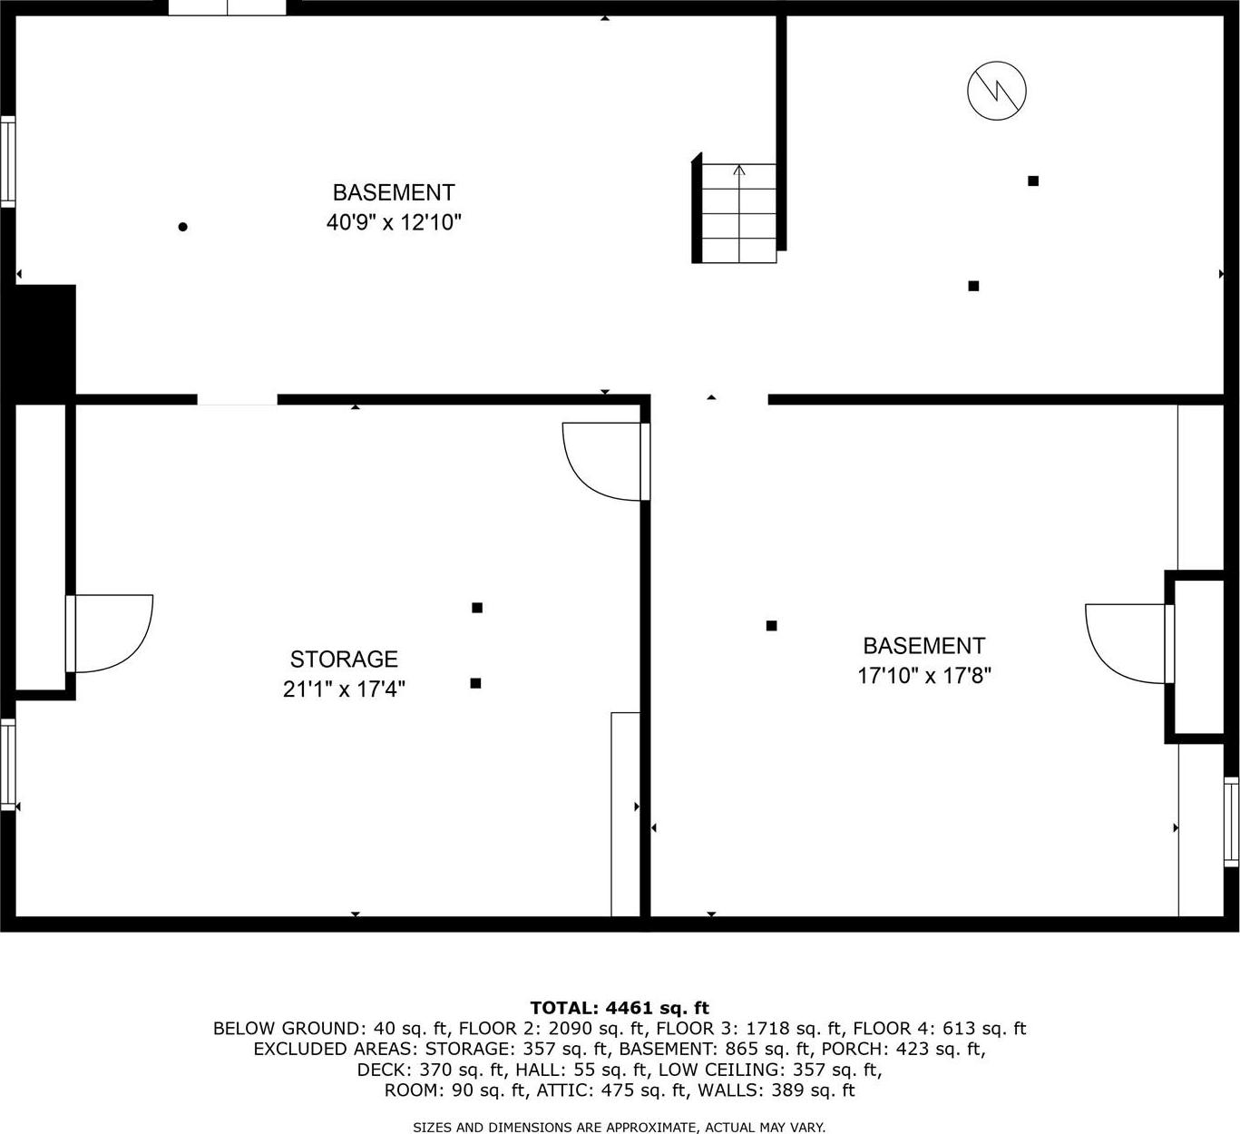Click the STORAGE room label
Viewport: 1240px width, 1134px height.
pyautogui.click(x=344, y=659)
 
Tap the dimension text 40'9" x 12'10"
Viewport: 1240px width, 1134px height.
pyautogui.click(x=394, y=222)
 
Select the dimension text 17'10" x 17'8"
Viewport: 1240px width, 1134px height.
pyautogui.click(x=923, y=676)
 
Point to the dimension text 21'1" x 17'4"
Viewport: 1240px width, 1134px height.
pyautogui.click(x=344, y=689)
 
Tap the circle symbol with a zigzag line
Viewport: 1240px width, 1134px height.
pyautogui.click(x=996, y=90)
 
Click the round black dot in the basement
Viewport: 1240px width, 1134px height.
pyautogui.click(x=182, y=227)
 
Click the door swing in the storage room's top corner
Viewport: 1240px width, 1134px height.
pyautogui.click(x=600, y=460)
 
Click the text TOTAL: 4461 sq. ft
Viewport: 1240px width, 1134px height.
pyautogui.click(x=620, y=1007)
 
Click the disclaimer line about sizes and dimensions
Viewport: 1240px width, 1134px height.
pyautogui.click(x=620, y=1128)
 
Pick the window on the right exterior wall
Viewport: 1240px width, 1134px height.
pyautogui.click(x=1231, y=820)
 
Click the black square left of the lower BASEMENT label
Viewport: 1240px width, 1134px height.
pyautogui.click(x=771, y=625)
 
